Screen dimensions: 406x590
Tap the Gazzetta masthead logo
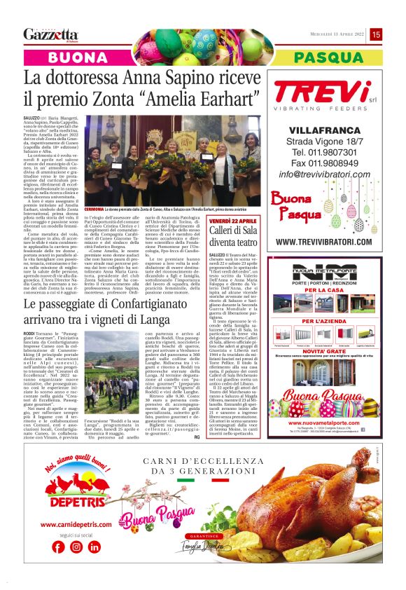point(50,34)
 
